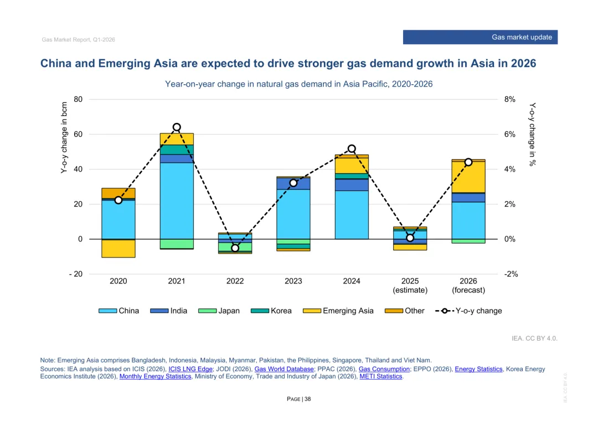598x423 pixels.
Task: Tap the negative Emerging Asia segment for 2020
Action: click(x=118, y=249)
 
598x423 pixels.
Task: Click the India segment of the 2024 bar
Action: click(x=352, y=185)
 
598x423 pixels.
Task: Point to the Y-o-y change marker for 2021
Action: click(x=177, y=127)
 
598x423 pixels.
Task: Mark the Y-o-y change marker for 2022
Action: click(x=235, y=248)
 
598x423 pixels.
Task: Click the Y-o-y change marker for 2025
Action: click(x=410, y=238)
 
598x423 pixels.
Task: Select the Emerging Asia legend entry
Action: click(x=338, y=311)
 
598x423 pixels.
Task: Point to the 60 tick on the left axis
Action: click(x=78, y=135)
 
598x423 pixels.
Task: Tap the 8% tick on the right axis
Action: click(x=509, y=100)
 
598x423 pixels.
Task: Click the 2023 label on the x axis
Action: click(x=293, y=281)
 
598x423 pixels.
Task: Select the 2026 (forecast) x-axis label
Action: click(x=468, y=286)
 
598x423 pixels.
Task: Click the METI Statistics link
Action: click(x=380, y=376)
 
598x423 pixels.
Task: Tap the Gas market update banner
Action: click(x=480, y=37)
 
